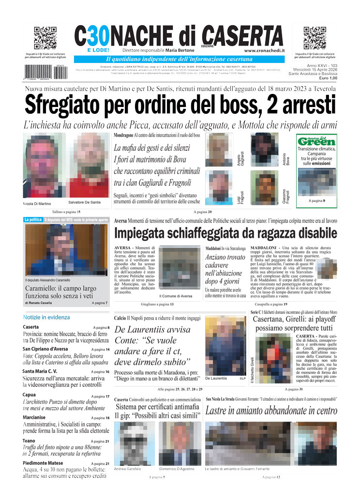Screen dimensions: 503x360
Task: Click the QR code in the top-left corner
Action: tap(45, 38)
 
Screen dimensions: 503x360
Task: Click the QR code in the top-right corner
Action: tap(315, 38)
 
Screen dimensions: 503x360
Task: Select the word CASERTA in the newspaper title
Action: tap(242, 35)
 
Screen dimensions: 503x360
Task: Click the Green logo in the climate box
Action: tap(317, 141)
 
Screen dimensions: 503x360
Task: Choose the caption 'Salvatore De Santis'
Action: tap(85, 202)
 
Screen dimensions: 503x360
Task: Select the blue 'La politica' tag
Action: tap(33, 220)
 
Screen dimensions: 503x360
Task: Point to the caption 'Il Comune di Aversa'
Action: tap(176, 296)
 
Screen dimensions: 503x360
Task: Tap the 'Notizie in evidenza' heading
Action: tap(46, 317)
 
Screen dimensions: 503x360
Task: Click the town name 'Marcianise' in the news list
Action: tap(34, 417)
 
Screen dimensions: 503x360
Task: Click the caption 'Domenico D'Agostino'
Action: tap(177, 469)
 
